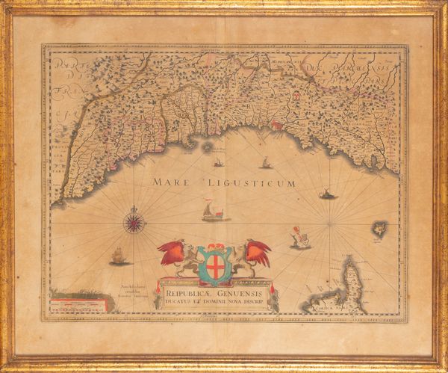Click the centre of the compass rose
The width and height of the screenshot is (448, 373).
click(134, 222)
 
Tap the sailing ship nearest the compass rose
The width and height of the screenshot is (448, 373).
click(119, 256)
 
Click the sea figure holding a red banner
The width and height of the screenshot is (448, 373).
click(300, 238)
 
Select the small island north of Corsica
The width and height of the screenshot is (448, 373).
click(380, 228)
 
